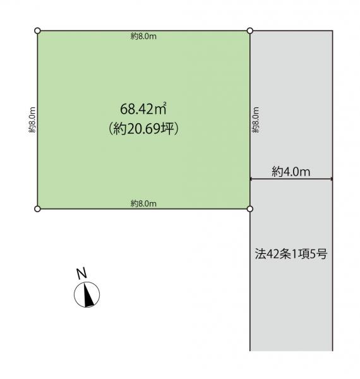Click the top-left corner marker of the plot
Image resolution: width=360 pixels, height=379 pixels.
pos(37,31)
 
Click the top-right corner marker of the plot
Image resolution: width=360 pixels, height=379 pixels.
pos(250,31)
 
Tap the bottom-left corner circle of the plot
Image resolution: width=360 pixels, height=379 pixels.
pos(37,209)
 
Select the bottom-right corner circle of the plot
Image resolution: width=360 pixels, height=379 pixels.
pos(250,208)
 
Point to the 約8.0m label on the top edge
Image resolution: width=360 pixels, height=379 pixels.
pos(143,36)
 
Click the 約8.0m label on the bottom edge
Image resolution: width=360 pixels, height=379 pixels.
pos(143,203)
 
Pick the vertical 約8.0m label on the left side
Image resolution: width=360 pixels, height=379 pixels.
pos(32,119)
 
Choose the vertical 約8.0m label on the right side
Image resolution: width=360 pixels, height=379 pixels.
pos(256,119)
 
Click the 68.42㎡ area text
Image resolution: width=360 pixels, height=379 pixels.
pos(143,109)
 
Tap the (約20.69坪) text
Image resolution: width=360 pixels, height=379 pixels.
pos(143,129)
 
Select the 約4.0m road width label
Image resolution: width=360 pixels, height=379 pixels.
pos(291,172)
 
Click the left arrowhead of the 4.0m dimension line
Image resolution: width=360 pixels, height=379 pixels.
pos(252,179)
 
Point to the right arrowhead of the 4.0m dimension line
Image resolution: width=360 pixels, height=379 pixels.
pos(331,179)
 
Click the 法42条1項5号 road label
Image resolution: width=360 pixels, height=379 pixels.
pos(291,254)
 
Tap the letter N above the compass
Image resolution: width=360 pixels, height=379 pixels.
pos(81,274)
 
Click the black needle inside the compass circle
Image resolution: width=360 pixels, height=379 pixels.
pos(88,295)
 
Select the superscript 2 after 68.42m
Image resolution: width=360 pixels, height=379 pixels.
pos(165,104)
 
